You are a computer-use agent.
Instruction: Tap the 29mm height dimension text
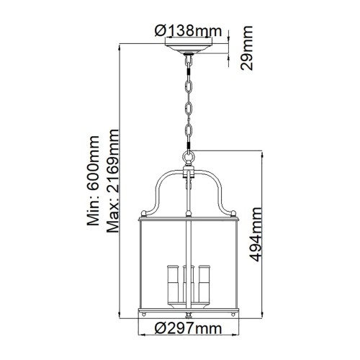[x=247, y=48]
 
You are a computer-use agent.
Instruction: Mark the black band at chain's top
[x=188, y=63]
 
